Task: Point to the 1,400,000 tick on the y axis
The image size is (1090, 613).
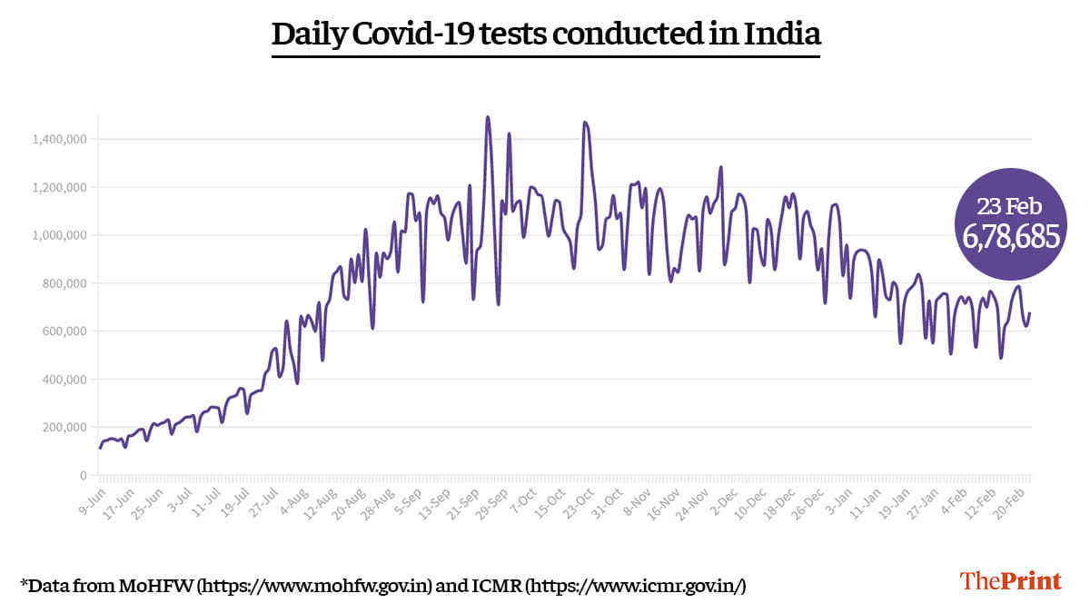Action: pyautogui.click(x=58, y=139)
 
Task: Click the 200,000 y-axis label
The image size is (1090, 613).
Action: pyautogui.click(x=62, y=427)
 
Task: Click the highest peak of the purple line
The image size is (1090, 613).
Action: pyautogui.click(x=488, y=117)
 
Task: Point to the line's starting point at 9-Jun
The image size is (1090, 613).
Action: pyautogui.click(x=100, y=447)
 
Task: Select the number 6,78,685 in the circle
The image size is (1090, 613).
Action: pyautogui.click(x=1011, y=237)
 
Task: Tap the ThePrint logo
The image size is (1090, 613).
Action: pyautogui.click(x=1011, y=580)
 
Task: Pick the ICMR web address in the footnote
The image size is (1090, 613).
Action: pyautogui.click(x=636, y=586)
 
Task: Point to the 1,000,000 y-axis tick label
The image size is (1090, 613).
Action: pyautogui.click(x=58, y=235)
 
